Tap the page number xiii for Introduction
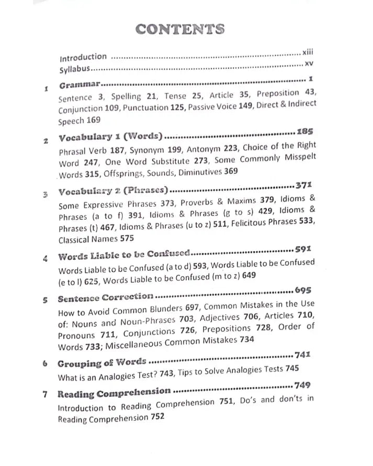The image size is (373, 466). [309, 53]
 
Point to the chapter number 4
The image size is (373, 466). [46, 258]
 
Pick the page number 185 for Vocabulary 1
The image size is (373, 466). [304, 131]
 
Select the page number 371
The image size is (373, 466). [303, 185]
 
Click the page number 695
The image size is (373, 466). [303, 290]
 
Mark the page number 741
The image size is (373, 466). [303, 355]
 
